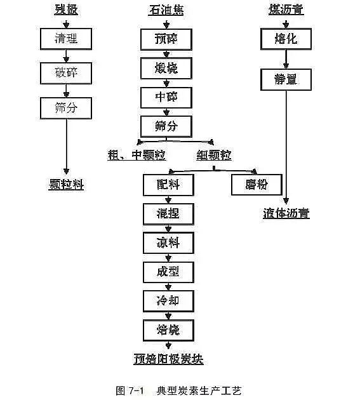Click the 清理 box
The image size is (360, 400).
coord(66,39)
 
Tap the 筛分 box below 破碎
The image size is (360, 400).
coord(66,108)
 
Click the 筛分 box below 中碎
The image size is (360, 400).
coord(167,126)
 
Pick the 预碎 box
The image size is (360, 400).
coord(167,39)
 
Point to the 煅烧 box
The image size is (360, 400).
coord(167,69)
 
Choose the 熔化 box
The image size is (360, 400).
coord(286,39)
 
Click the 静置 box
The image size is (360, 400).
coord(286,80)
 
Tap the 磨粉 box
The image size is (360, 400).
coord(251,184)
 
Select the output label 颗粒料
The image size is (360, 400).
coord(66,185)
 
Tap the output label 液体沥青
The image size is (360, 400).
coord(286,213)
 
